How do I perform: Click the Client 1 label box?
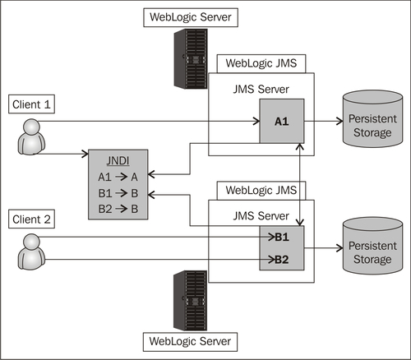pos(31,104)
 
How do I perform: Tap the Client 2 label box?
pos(31,219)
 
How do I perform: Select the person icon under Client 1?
pos(31,136)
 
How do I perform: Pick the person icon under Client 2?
pos(31,252)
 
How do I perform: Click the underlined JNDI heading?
pos(118,161)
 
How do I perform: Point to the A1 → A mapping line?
pos(118,177)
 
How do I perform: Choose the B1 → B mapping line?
pos(118,193)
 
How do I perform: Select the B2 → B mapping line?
pos(118,209)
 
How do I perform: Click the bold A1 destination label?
pos(282,122)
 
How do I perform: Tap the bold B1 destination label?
pos(282,237)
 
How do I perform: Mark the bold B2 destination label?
pos(282,260)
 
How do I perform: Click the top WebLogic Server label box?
pos(191,17)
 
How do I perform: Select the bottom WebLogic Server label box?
pos(190,342)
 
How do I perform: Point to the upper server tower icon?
pos(191,58)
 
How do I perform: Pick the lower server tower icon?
pos(191,301)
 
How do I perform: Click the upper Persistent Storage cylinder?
pos(372,119)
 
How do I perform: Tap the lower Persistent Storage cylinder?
pos(372,246)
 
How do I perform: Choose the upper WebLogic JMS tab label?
pos(261,63)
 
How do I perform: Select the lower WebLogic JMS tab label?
pos(261,190)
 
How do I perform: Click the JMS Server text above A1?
pos(261,90)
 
